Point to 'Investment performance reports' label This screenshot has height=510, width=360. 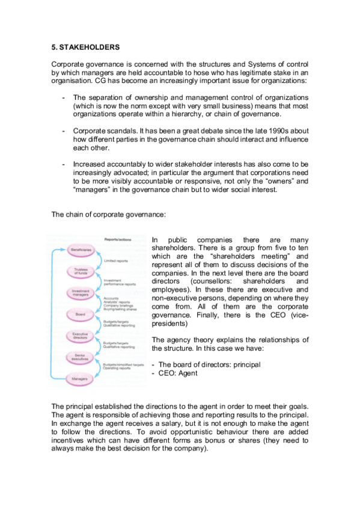pos(118,282)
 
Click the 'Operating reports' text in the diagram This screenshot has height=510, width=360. pos(119,369)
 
